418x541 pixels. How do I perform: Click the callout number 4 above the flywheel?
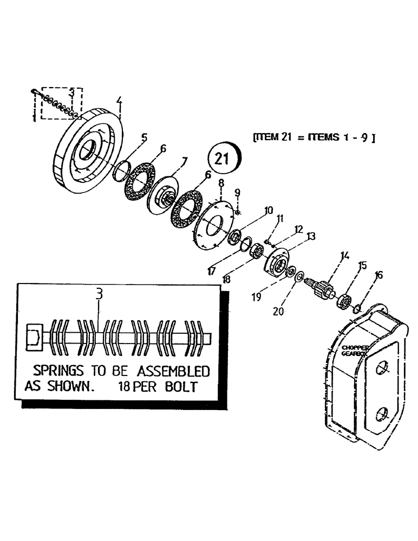[119, 101]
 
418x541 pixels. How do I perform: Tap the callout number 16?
[378, 275]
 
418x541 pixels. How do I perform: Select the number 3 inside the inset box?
[99, 294]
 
